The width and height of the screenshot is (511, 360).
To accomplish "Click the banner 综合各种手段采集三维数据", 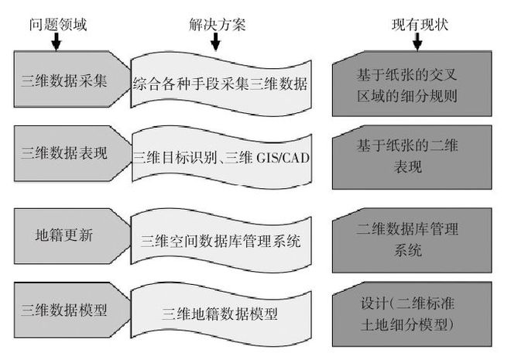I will (221, 84).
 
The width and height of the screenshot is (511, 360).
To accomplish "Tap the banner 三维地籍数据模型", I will (221, 314).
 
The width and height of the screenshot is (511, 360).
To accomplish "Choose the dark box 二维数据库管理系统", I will (414, 239).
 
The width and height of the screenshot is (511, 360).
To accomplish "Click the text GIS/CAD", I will (277, 156).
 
